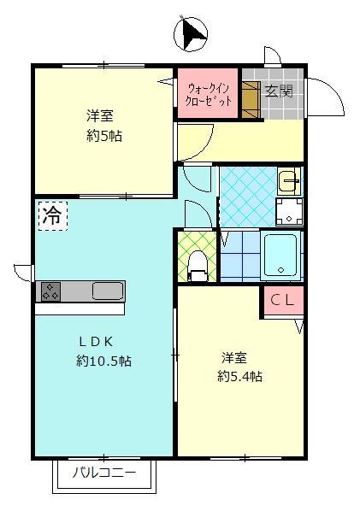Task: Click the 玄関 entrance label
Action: (278, 91)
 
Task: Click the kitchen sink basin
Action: (108, 291)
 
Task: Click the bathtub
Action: (281, 256)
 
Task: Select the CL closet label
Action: (282, 300)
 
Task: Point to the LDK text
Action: (97, 340)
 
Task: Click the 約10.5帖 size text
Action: (103, 361)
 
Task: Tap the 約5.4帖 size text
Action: (239, 376)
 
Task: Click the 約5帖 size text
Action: (103, 136)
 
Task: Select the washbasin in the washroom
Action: (290, 181)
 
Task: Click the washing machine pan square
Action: (289, 211)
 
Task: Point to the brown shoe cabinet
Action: (250, 99)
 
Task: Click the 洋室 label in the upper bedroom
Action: (100, 116)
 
